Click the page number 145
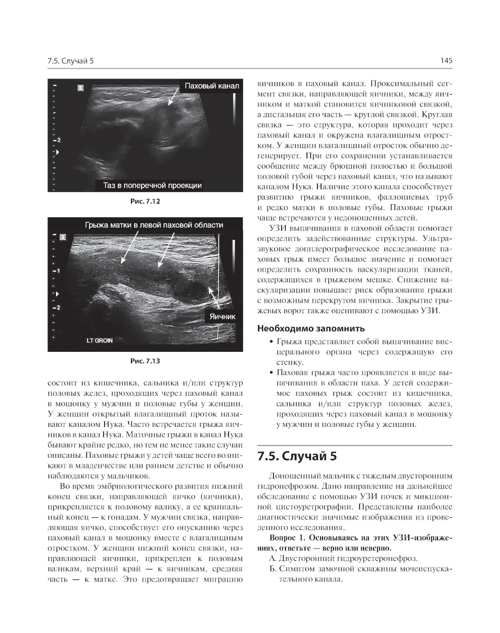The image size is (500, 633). coord(446,61)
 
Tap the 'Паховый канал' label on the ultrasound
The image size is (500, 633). coord(211,86)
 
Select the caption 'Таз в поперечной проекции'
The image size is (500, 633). coord(152,185)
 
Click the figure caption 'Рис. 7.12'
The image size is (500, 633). coord(145,202)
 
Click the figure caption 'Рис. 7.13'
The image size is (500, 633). coord(145,361)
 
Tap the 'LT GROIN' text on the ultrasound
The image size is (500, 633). coord(99,340)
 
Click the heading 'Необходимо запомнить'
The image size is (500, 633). coord(310,329)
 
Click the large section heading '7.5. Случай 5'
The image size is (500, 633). coord(297,456)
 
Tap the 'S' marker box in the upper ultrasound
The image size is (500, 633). coord(80,88)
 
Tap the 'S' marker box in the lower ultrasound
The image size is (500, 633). coord(62,237)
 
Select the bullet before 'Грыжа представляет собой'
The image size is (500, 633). coord(271,342)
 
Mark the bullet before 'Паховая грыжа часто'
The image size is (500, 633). coord(271,373)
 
